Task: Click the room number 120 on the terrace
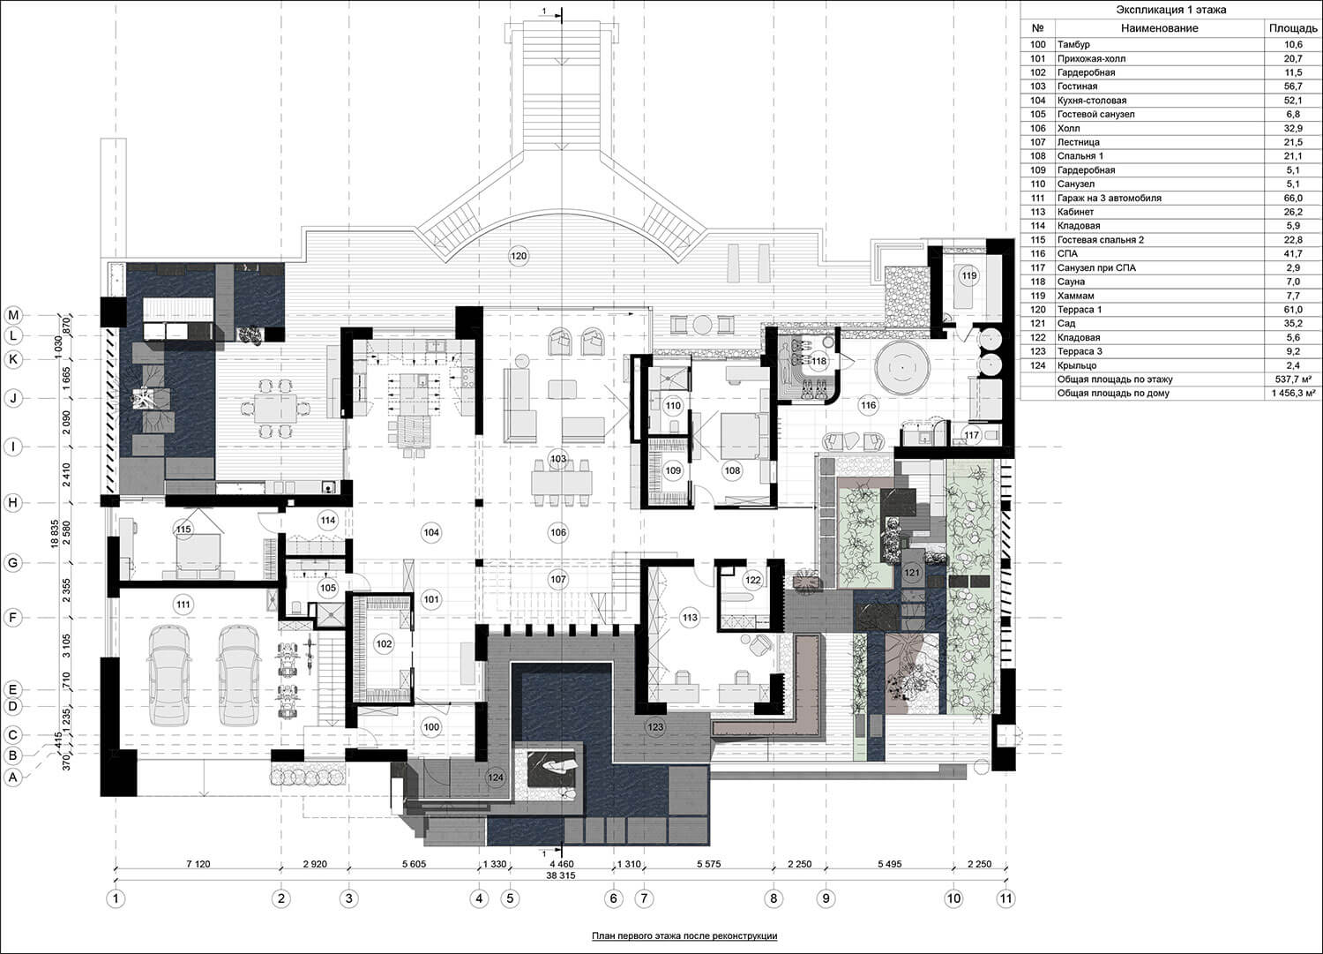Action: click(519, 256)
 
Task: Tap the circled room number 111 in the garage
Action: click(183, 604)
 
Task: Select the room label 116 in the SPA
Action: click(868, 405)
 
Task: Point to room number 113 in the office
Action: click(690, 618)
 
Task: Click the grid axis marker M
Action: click(13, 315)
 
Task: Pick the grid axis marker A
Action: click(13, 777)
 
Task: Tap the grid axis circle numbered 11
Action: click(1005, 899)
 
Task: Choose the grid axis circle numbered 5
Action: click(510, 899)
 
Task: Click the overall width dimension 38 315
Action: click(560, 875)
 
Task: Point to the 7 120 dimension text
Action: click(198, 864)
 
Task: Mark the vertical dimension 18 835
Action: click(56, 534)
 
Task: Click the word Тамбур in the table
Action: click(1073, 44)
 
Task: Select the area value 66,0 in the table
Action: click(1293, 198)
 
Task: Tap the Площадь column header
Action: click(1293, 27)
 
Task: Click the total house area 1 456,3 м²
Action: click(1293, 393)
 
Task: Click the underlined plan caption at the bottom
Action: click(684, 935)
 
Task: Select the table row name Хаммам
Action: click(1075, 296)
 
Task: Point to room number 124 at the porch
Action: click(496, 777)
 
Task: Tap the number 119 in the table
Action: click(1038, 296)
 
